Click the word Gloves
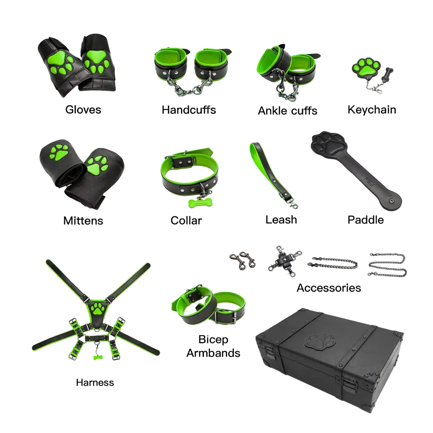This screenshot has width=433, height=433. [x=83, y=110]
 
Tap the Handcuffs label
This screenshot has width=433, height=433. [x=189, y=110]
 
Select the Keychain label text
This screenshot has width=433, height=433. [x=372, y=110]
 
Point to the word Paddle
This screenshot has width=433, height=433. [x=366, y=220]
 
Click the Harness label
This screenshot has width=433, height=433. [x=95, y=382]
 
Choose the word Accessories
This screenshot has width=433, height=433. [x=329, y=288]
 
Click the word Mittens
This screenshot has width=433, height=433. [x=83, y=221]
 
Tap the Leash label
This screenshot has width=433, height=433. [x=281, y=220]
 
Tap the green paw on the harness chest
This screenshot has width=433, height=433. [x=97, y=308]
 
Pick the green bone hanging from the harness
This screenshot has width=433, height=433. [x=97, y=357]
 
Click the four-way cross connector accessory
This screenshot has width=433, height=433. [x=285, y=261]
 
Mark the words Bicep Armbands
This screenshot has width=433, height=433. [x=213, y=346]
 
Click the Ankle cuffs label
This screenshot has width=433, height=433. [x=287, y=110]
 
